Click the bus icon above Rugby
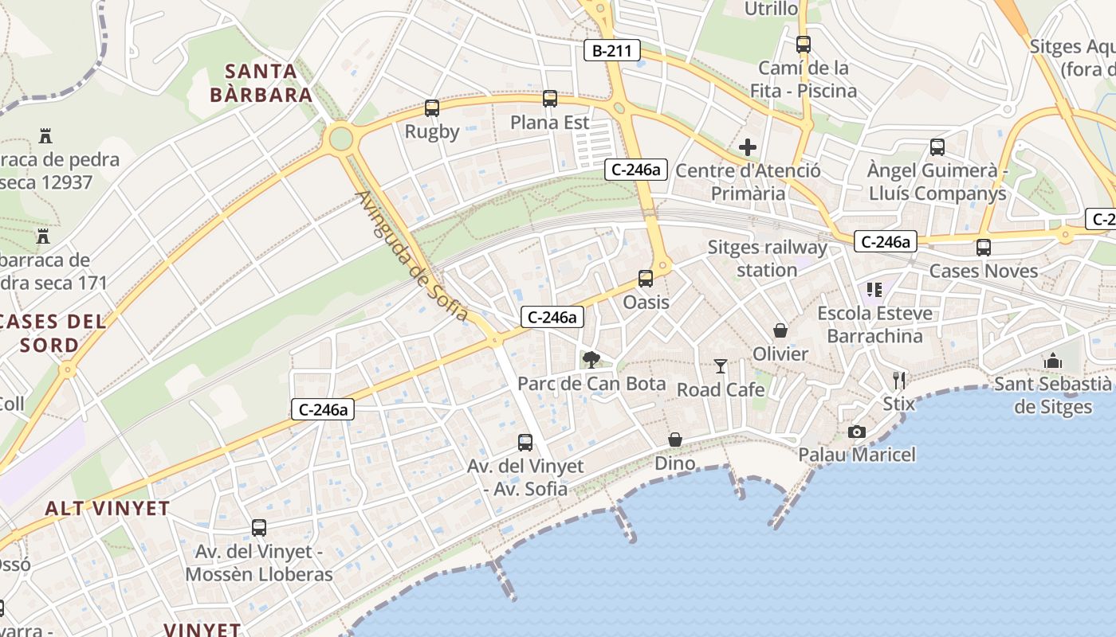coord(432,108)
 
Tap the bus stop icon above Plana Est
coord(549,99)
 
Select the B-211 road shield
coord(612,51)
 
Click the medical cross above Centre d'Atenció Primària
coord(747,147)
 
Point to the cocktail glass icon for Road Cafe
coord(721,366)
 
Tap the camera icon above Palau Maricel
coord(857,432)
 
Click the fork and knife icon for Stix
coord(899,380)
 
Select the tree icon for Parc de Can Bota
coord(591,360)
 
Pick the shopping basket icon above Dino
coord(675,440)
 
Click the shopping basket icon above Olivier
coord(780,330)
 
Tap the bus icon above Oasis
coord(646,279)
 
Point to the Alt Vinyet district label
coord(108,508)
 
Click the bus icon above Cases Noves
coord(984,248)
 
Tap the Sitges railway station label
coord(767,259)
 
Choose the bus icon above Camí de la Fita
coord(803,45)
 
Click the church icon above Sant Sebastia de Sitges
coord(1053,361)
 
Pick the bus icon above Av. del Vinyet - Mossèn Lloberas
coord(259,527)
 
